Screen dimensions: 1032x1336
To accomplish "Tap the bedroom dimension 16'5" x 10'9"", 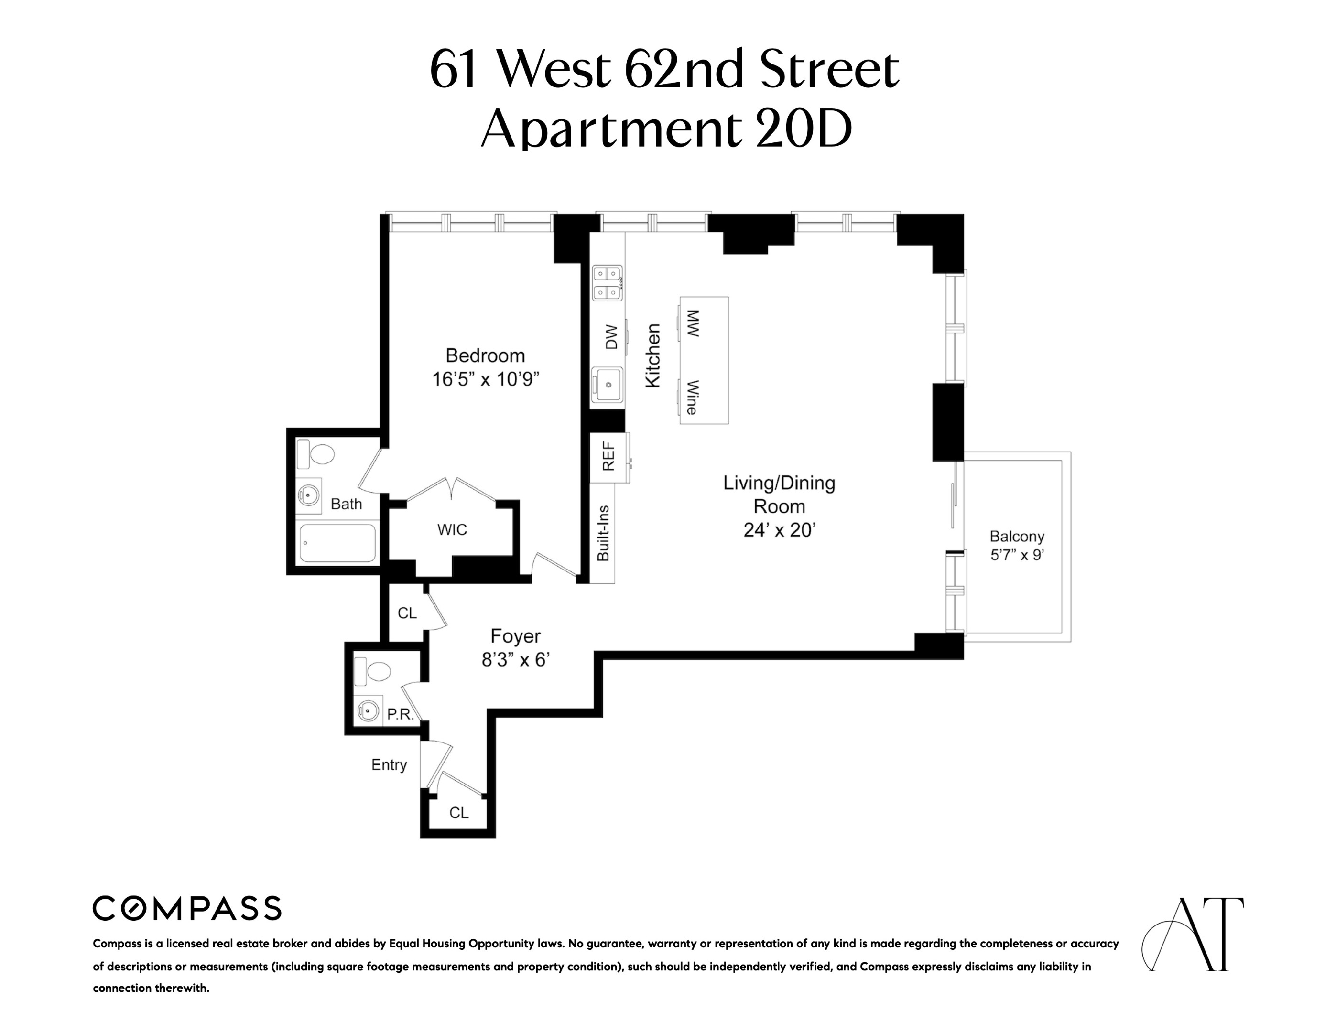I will point(485,380).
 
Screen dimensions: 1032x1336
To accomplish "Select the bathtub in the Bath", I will point(337,543).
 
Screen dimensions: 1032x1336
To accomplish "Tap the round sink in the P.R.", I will point(368,710).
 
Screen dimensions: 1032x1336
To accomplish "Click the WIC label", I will point(452,529).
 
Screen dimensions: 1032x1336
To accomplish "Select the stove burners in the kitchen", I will point(608,283).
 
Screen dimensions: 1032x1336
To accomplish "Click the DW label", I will point(611,337).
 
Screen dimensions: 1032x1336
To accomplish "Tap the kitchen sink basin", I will point(608,385).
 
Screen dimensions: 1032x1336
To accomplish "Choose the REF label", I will point(608,457).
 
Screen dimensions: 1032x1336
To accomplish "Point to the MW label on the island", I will point(693,323).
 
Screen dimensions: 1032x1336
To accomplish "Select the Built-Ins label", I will point(603,533).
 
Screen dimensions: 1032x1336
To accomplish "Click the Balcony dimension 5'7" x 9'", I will point(1017,555).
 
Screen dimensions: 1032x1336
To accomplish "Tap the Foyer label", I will point(515,636).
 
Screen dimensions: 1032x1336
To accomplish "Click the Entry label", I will point(389,765).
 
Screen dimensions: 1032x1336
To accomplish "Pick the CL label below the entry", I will point(459,813).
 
